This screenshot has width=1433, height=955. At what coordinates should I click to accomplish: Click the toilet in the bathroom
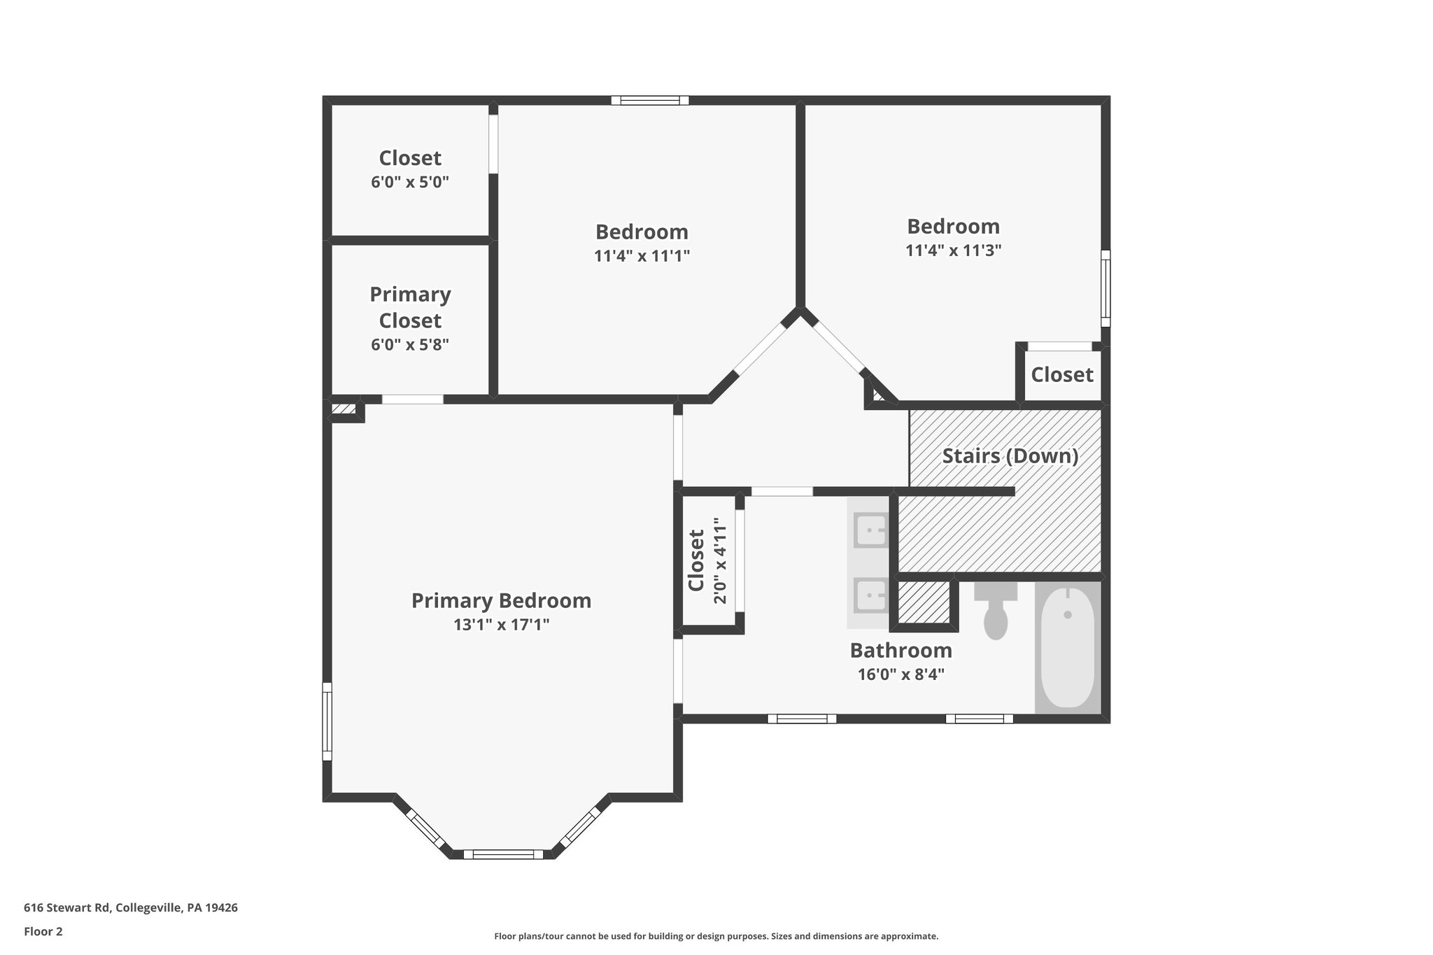[995, 612]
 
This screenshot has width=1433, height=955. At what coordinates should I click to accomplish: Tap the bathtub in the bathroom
[1067, 647]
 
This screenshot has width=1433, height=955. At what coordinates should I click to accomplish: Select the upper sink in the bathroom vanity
[870, 530]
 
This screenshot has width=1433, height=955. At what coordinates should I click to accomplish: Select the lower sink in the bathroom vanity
[870, 595]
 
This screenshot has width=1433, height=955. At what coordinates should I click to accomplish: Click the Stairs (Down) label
[1010, 456]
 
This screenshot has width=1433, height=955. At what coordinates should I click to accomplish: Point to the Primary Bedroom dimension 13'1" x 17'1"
[501, 625]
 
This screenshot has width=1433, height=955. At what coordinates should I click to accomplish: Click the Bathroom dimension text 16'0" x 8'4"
[901, 674]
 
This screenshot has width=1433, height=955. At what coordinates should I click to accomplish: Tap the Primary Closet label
[410, 307]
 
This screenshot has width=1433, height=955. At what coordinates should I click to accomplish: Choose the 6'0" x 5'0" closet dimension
[410, 183]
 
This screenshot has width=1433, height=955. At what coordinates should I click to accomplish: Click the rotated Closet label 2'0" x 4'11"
[707, 560]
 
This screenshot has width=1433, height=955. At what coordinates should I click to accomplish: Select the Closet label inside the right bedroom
[1061, 375]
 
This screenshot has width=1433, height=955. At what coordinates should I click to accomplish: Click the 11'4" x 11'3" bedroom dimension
[953, 250]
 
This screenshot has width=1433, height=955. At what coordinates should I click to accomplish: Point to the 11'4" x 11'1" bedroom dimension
[642, 256]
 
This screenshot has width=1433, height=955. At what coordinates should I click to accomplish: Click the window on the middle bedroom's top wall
[649, 101]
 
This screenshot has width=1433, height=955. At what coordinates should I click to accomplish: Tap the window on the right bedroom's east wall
[1106, 288]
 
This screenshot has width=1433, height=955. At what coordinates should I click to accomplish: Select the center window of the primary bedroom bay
[503, 854]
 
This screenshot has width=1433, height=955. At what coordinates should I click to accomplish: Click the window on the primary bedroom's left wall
[327, 721]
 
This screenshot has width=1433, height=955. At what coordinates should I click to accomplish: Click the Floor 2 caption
[43, 931]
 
